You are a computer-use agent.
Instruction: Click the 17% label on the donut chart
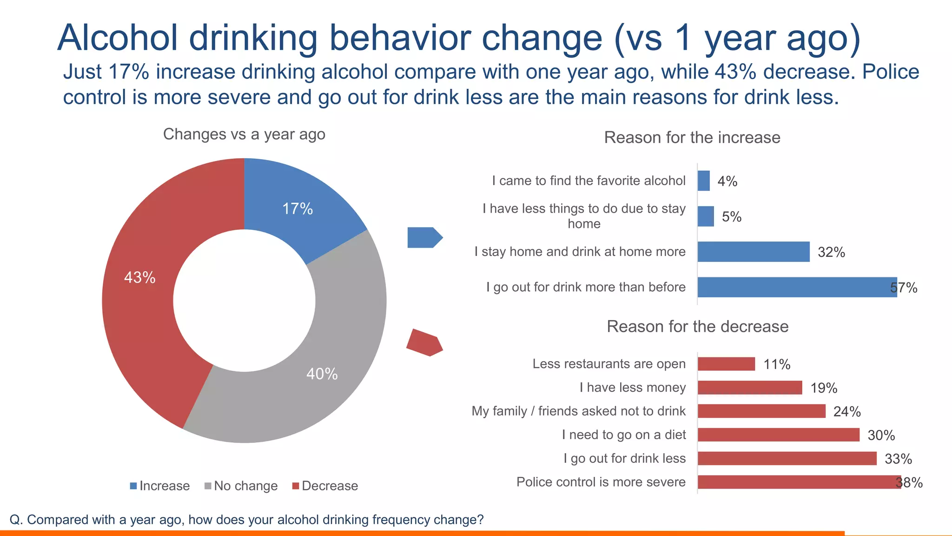point(297,209)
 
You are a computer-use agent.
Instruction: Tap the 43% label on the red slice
point(139,278)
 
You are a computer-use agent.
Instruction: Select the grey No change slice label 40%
point(322,374)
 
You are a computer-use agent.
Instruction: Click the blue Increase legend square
point(133,486)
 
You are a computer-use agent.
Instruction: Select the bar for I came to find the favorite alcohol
point(703,181)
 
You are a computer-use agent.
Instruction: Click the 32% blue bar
point(753,252)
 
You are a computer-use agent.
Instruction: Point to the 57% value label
point(904,288)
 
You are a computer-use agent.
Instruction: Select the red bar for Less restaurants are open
point(726,364)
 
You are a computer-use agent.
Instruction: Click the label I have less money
point(632,388)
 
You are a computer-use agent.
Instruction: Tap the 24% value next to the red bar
point(847,412)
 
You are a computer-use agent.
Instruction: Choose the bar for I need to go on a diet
point(778,435)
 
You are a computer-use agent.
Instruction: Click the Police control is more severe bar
point(799,482)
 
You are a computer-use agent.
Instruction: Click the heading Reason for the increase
point(692,138)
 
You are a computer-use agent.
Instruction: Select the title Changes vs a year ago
point(244,134)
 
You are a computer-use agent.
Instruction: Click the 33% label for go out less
point(898,459)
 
